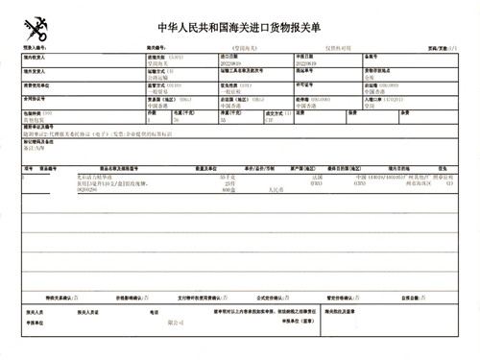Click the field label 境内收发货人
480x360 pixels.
[36, 57]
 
